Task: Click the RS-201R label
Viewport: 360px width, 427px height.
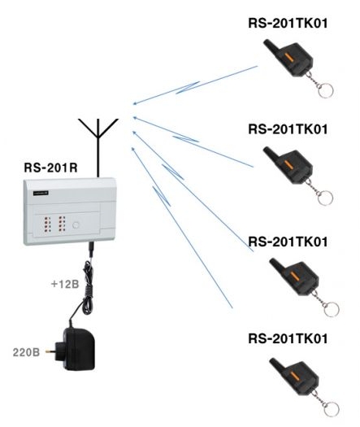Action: click(x=47, y=170)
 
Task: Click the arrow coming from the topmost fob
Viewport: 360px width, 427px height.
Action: click(x=195, y=85)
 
